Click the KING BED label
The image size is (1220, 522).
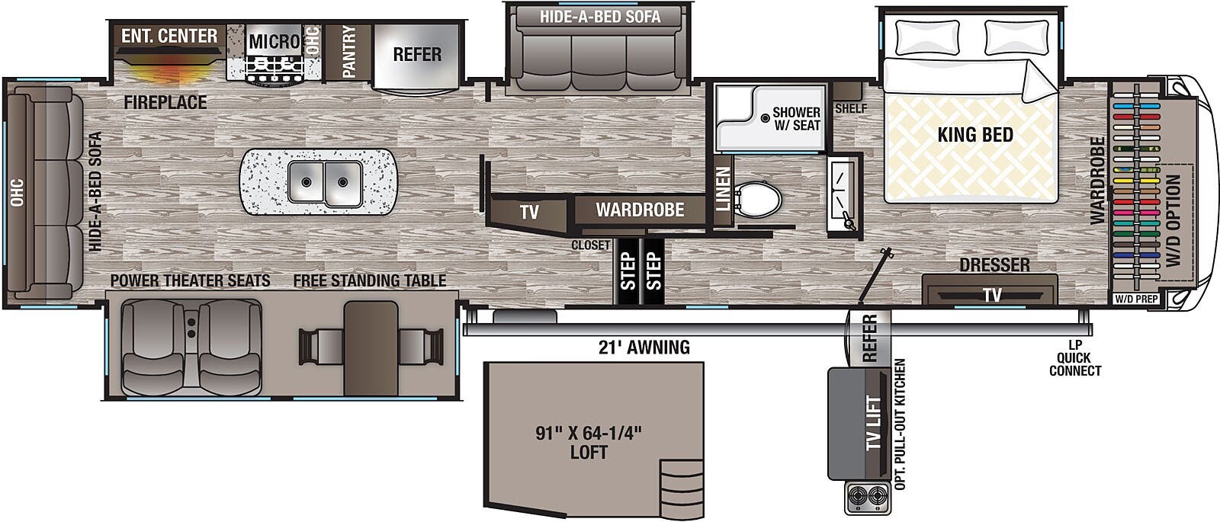click(x=974, y=136)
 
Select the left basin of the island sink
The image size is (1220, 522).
click(x=306, y=182)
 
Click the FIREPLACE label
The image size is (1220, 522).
click(x=165, y=102)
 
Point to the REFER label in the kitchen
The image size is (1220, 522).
click(x=417, y=55)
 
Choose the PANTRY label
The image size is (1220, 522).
click(x=349, y=51)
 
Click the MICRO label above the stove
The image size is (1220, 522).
click(x=274, y=41)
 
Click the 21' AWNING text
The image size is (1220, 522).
click(x=644, y=347)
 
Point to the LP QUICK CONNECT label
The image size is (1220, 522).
click(x=1074, y=358)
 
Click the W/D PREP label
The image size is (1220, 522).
click(x=1136, y=299)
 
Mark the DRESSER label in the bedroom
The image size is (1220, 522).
click(x=994, y=264)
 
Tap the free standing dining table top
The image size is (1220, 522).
click(x=371, y=347)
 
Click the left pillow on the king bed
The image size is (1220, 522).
click(x=927, y=37)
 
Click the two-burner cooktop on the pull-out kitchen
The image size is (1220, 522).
click(x=868, y=498)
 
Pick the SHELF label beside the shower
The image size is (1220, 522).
click(x=851, y=108)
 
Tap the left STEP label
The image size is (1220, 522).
click(x=628, y=271)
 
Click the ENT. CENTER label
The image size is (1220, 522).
click(x=169, y=36)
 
